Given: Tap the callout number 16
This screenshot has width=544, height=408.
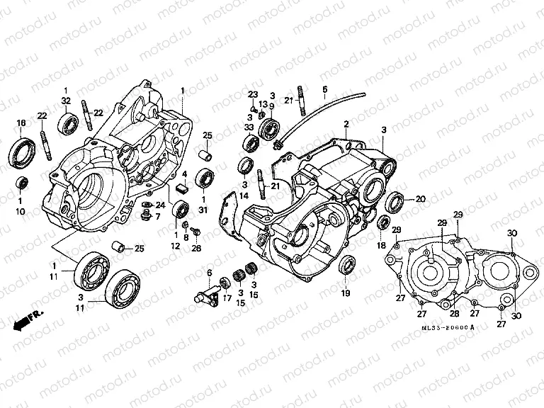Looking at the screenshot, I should [21, 123].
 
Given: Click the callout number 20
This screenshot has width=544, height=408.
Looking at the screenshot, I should [420, 199].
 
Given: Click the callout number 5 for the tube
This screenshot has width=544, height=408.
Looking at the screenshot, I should [324, 89].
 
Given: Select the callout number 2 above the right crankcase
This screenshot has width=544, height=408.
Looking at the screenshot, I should [346, 124].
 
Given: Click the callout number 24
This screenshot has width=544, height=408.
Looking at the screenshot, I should [160, 205].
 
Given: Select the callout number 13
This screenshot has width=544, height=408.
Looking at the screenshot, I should [263, 104].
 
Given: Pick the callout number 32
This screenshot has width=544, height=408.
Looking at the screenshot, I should [66, 101].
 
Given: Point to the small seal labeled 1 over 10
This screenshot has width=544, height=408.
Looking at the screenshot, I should [22, 183].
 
